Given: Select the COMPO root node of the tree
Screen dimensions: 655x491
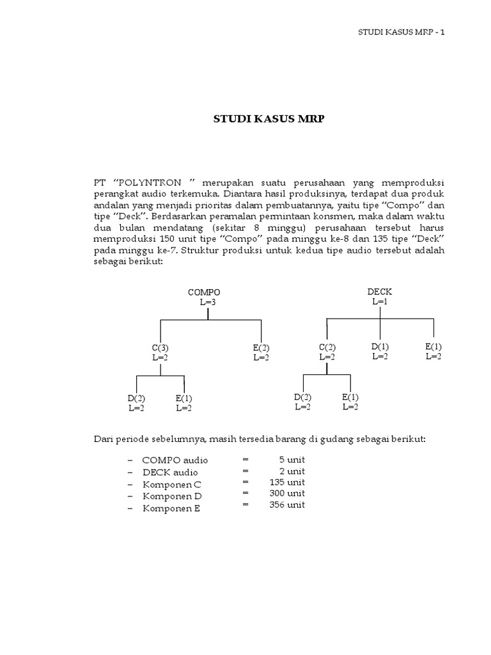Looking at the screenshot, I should coord(204,292).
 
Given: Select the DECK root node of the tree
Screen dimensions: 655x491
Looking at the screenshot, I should coord(380,292).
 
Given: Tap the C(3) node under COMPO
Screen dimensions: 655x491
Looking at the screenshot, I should coord(160,348).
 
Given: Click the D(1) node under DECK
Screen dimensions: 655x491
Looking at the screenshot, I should coord(380,347).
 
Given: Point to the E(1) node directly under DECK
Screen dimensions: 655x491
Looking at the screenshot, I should coord(433,347).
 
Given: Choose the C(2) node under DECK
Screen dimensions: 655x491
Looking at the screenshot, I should coord(327,348).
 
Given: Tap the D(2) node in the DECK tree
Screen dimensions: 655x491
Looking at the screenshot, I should coord(302,397).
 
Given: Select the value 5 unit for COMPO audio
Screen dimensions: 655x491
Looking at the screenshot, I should coord(292,459).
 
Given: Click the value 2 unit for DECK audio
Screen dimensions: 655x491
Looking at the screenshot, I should coord(292,471).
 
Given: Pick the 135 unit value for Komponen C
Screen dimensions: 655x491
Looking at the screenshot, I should coord(288,482).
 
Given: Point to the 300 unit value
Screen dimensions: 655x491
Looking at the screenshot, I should coord(288,494).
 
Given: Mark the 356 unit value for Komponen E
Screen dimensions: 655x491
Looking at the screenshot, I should coord(288,505).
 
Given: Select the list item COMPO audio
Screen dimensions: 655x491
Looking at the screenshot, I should coord(175,461).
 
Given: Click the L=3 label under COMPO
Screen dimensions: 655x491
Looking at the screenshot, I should coord(204,301).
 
